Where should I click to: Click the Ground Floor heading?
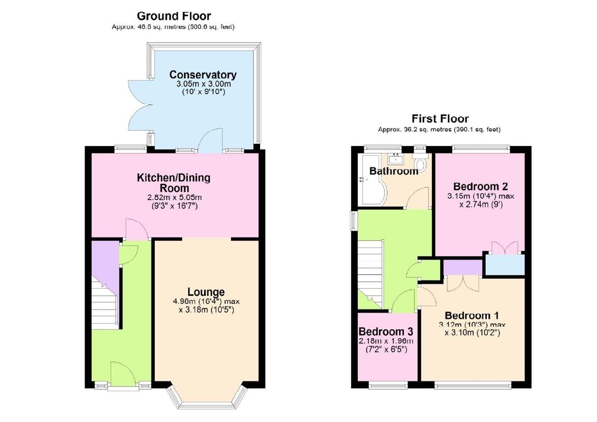pos(173,16)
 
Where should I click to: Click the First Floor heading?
pos(440,119)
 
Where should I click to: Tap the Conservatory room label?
pos(202,75)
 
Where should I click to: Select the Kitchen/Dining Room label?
pos(173,183)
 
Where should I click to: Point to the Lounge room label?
pos(206,292)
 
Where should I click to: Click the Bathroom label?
pos(393,171)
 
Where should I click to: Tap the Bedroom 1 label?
pos(471,316)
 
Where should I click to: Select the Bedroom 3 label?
pos(385,332)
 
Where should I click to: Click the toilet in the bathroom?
pos(421,164)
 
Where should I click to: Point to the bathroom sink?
pos(395,159)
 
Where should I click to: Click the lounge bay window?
pos(206,397)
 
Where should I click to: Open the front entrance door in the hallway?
pos(123,375)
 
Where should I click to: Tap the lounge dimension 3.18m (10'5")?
pos(206,310)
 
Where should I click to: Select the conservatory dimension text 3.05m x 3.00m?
pos(202,84)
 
